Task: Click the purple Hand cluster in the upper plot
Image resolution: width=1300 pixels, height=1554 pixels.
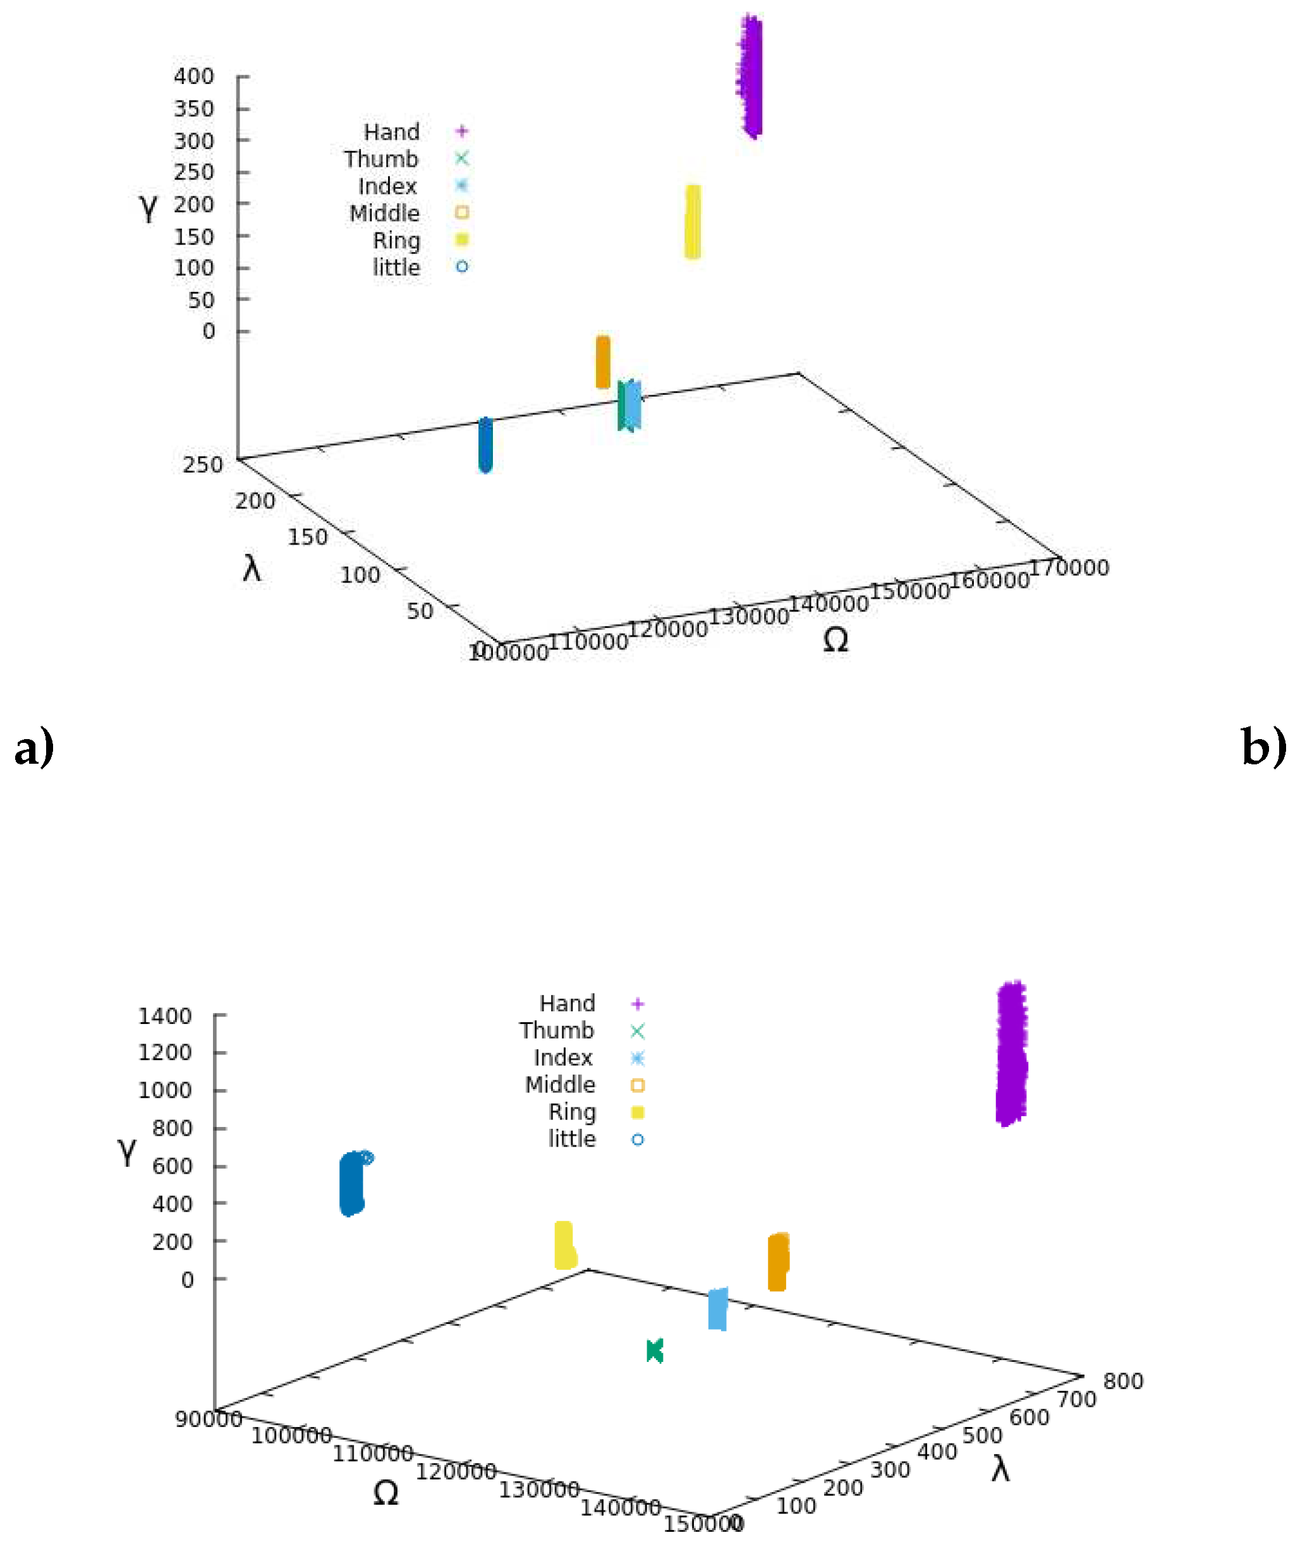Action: [751, 76]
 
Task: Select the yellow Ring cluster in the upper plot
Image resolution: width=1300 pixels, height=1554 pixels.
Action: [692, 221]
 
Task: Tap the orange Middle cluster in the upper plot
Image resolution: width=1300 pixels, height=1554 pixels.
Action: [603, 362]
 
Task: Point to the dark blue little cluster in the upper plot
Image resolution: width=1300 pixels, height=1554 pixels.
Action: [485, 444]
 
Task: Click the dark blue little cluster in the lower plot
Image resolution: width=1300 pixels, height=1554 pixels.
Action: [351, 1183]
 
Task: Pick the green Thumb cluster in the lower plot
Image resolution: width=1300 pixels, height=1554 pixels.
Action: [655, 1351]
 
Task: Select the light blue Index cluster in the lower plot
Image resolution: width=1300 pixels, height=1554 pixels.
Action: [717, 1309]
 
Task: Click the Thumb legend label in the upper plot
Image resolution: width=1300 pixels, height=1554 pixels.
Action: [380, 159]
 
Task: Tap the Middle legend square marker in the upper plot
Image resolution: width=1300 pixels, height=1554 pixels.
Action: [462, 213]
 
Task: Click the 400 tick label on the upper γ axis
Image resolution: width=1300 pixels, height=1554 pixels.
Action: [194, 76]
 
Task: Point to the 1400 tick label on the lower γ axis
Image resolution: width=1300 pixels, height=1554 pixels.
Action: [164, 1016]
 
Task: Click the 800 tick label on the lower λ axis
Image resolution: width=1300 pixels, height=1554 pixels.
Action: [1122, 1381]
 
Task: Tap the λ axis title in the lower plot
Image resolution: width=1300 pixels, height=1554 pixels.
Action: [1000, 1468]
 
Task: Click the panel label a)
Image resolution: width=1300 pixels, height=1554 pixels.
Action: [34, 747]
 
